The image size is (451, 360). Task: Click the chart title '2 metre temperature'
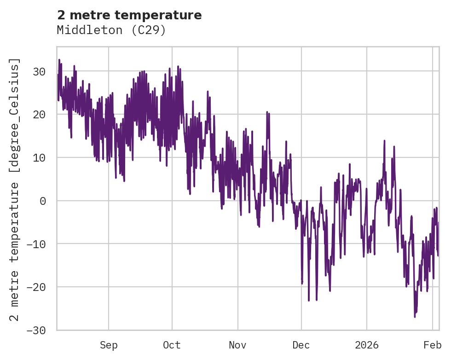pos(129,15)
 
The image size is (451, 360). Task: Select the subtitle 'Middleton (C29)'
pos(111,30)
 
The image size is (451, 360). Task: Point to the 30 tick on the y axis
pos(39,71)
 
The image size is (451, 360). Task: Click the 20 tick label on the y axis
pos(39,115)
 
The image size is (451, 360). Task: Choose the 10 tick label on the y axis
pos(39,157)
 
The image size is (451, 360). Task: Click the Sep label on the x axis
pos(109,345)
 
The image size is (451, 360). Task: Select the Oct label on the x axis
pos(172,345)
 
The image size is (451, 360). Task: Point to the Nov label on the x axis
pos(238,345)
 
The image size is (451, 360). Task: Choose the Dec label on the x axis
pos(301,345)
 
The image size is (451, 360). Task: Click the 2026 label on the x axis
pos(367,345)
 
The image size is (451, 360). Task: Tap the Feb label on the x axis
pos(432,345)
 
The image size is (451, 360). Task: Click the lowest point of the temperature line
pos(415,317)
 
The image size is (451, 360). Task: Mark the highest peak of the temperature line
pos(59,60)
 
